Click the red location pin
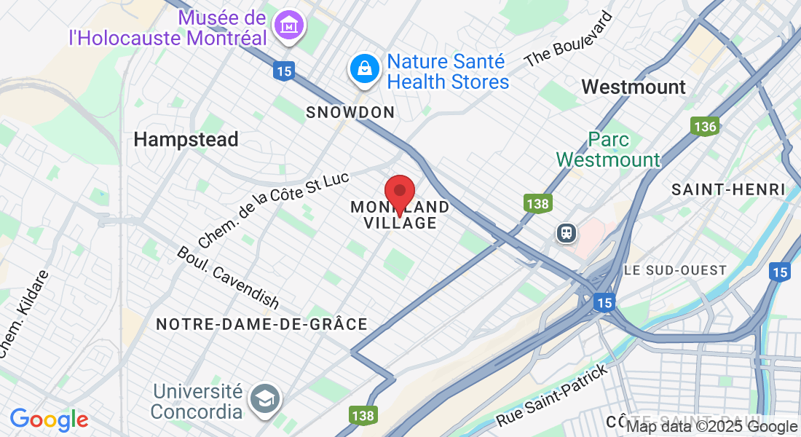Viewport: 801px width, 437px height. point(399,192)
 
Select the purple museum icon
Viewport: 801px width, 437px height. point(289,25)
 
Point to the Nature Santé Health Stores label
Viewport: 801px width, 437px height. point(448,71)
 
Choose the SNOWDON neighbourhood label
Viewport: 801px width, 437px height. point(350,112)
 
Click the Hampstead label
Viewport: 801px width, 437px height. point(186,139)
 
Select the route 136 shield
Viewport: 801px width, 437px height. point(704,127)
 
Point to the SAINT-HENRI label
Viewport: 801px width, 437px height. point(728,190)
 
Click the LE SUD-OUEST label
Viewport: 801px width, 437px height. point(675,270)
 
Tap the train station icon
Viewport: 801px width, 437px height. point(566,232)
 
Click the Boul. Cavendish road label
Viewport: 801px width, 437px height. point(227,277)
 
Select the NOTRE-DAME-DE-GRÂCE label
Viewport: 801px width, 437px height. point(261,323)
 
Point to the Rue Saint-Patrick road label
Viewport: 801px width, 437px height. point(551,397)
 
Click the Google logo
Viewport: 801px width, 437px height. point(49,420)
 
